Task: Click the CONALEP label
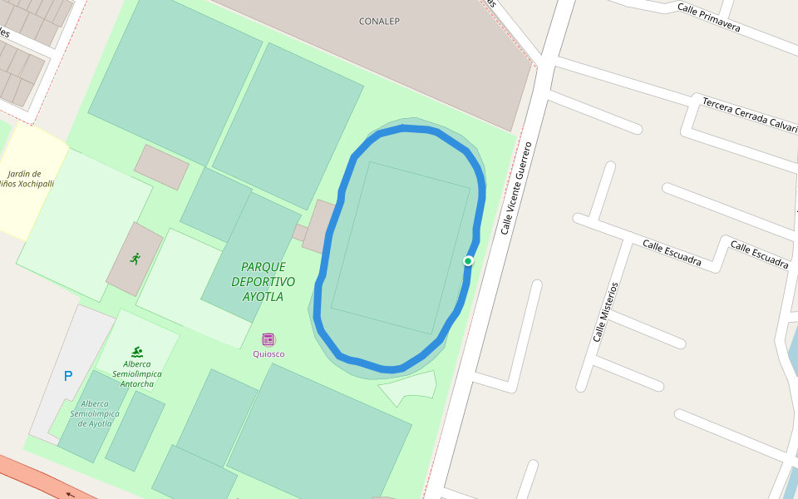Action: (x=379, y=21)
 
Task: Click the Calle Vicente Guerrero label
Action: (x=515, y=187)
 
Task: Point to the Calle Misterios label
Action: (x=605, y=312)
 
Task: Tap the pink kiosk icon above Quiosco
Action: (x=268, y=339)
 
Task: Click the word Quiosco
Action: (x=268, y=354)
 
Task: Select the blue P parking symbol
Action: (x=68, y=376)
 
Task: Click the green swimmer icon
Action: (x=137, y=352)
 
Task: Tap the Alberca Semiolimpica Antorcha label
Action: (x=137, y=373)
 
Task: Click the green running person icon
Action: (x=135, y=259)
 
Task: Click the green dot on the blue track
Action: (x=468, y=261)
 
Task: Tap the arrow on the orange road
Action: (x=70, y=494)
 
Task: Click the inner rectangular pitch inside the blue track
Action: (x=401, y=248)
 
